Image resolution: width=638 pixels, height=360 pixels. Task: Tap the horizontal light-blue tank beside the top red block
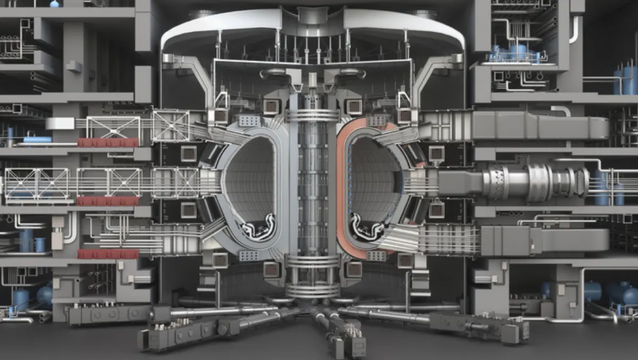pos(37,140)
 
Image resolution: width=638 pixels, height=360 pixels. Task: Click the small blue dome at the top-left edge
pos(54,4)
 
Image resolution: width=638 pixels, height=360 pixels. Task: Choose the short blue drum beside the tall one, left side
pos(40,244)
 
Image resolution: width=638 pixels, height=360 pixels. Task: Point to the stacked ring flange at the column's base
pos(312,277)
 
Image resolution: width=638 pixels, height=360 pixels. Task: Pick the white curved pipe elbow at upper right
pos(574,29)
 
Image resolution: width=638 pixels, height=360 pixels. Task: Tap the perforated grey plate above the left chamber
pos(249,121)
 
